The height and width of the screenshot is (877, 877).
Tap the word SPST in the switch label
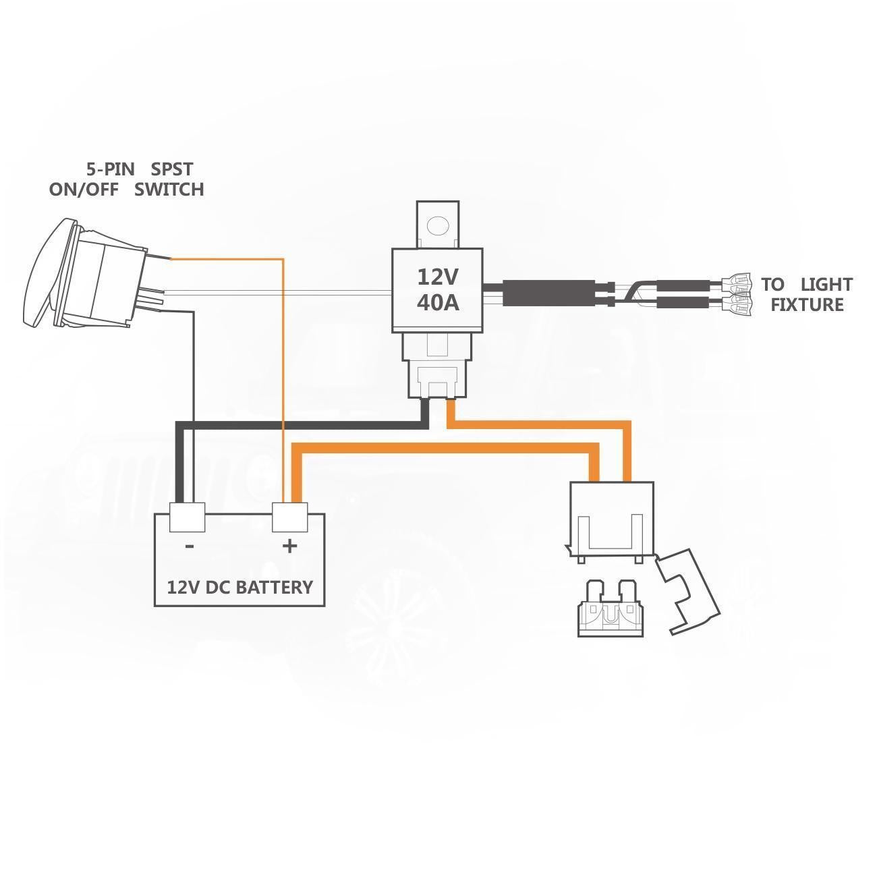171,168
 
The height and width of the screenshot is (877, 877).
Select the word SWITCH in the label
169,190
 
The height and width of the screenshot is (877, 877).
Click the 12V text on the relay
437,277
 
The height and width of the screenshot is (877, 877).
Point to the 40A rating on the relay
437,303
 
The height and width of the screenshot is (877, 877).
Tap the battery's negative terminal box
187,518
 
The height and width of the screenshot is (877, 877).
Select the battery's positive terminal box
289,518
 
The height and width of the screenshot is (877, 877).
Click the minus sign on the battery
190,546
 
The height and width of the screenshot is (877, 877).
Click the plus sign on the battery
289,545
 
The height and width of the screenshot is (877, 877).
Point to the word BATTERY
275,587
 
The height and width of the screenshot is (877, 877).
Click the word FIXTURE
807,305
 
